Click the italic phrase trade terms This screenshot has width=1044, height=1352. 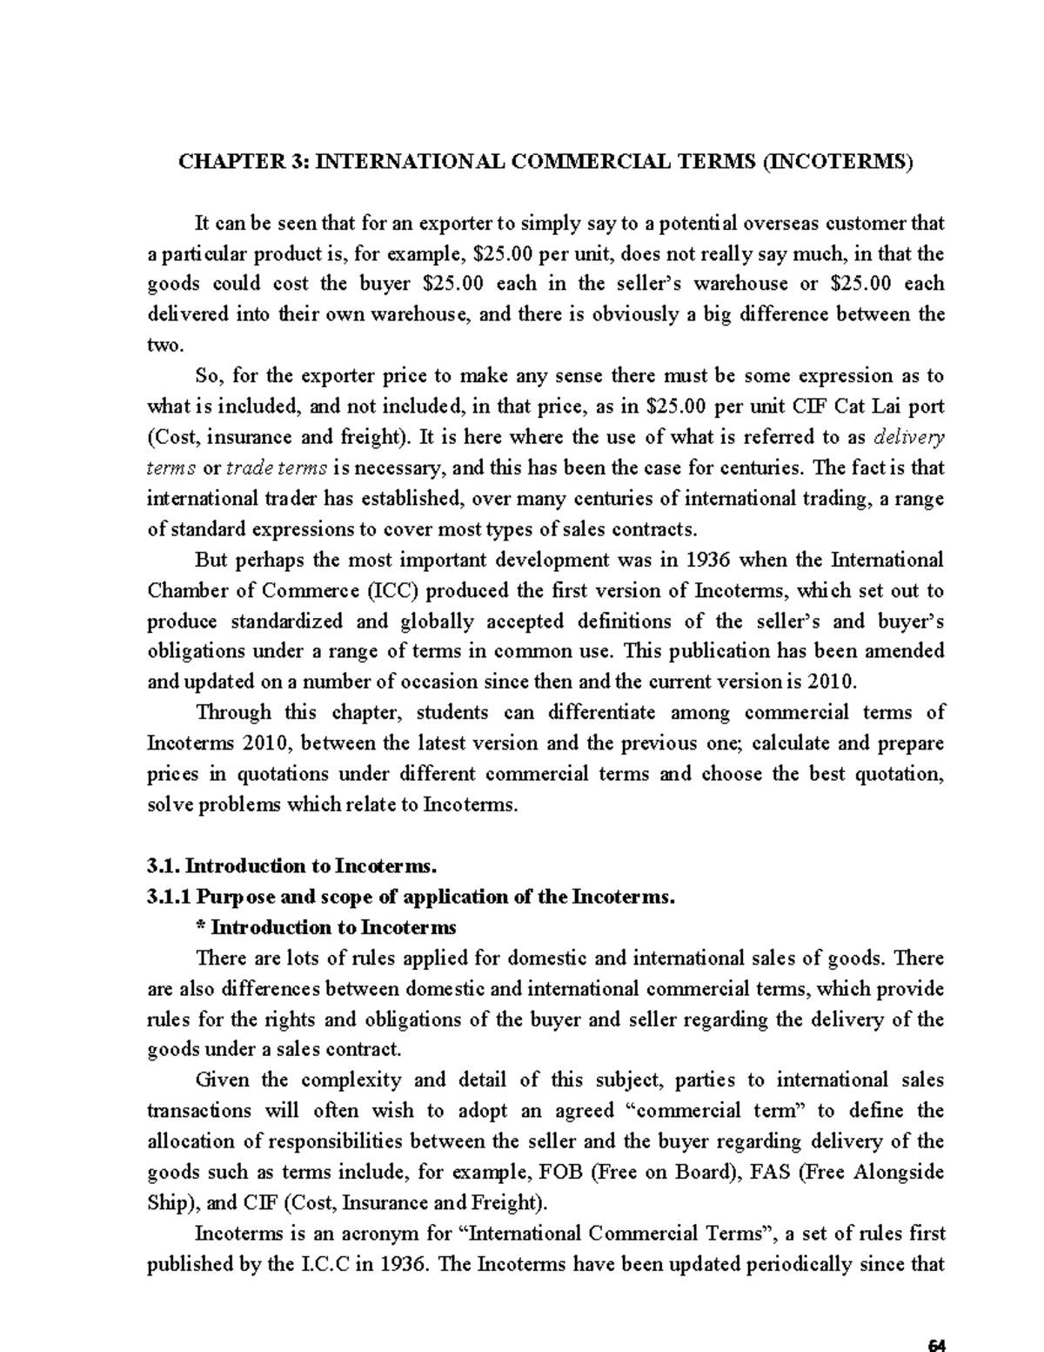(x=277, y=467)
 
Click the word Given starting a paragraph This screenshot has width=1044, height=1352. (x=222, y=1080)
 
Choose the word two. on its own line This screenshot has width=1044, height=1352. (x=165, y=346)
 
